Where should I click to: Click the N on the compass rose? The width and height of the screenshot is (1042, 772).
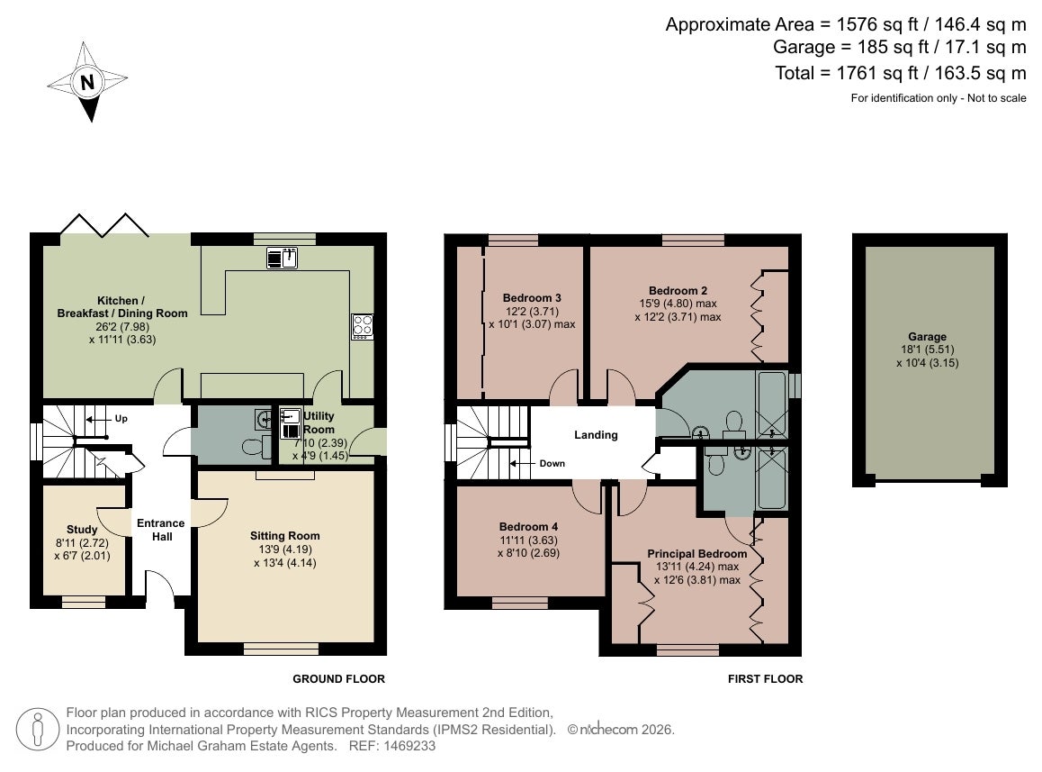tap(87, 83)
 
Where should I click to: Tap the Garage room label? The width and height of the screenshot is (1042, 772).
tap(927, 337)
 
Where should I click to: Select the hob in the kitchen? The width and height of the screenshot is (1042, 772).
tap(362, 326)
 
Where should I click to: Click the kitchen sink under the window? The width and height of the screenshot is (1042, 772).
tap(282, 257)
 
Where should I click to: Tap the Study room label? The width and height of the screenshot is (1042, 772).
tap(82, 530)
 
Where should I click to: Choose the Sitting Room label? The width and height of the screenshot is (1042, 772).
tap(285, 536)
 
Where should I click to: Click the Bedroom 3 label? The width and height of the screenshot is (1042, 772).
tap(532, 298)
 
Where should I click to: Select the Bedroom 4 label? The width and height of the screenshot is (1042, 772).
tap(528, 527)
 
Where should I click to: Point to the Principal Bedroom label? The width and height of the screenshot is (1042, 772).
tap(697, 554)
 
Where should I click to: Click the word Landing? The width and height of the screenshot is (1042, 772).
tap(596, 435)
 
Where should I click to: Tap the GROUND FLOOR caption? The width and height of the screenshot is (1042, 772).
tap(339, 679)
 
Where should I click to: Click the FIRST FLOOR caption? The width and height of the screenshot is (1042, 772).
tap(765, 679)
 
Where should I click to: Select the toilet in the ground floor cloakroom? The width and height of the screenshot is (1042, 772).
tap(253, 447)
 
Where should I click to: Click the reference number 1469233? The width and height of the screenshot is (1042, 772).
tap(409, 746)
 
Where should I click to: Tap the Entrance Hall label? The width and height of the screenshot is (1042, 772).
tap(161, 530)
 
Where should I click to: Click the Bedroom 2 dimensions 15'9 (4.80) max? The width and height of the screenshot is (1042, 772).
tap(678, 304)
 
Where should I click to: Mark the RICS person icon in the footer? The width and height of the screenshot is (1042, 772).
tap(38, 730)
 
